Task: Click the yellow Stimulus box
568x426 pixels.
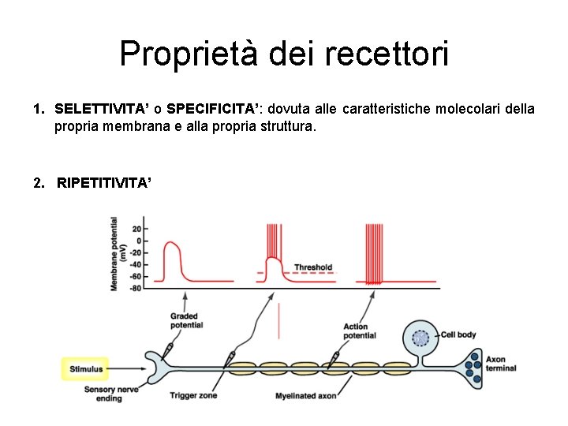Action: [86, 368]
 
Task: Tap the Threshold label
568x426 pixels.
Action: [313, 267]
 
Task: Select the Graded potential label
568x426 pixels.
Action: [186, 320]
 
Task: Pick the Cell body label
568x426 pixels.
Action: [458, 334]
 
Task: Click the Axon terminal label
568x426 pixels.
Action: [501, 364]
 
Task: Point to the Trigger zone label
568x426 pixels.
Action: [192, 395]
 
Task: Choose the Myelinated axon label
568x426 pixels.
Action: [305, 396]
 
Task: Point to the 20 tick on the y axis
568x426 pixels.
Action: [136, 229]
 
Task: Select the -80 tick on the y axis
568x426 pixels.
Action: [134, 288]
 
